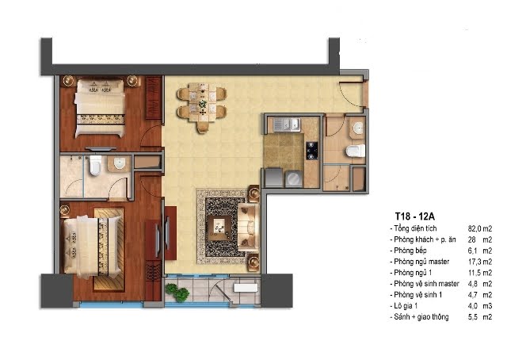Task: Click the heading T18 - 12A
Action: tap(415, 216)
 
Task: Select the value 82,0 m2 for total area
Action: tap(480, 228)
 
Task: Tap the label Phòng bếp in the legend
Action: tap(410, 251)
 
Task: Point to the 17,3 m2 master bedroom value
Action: tap(480, 262)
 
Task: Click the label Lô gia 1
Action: tap(406, 305)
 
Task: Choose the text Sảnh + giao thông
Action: tap(421, 316)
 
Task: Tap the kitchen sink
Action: tap(287, 124)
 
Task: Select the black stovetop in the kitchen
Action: tap(311, 151)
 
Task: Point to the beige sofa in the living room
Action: tap(248, 228)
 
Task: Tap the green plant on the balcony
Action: tap(177, 292)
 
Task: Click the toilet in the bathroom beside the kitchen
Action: tap(356, 151)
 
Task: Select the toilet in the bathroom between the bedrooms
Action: tap(95, 165)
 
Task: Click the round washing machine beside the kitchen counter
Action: tap(294, 179)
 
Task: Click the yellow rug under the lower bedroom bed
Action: tap(109, 249)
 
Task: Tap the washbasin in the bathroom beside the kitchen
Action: tap(357, 128)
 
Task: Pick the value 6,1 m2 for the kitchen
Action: tap(480, 251)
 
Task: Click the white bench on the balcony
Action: tap(246, 288)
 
